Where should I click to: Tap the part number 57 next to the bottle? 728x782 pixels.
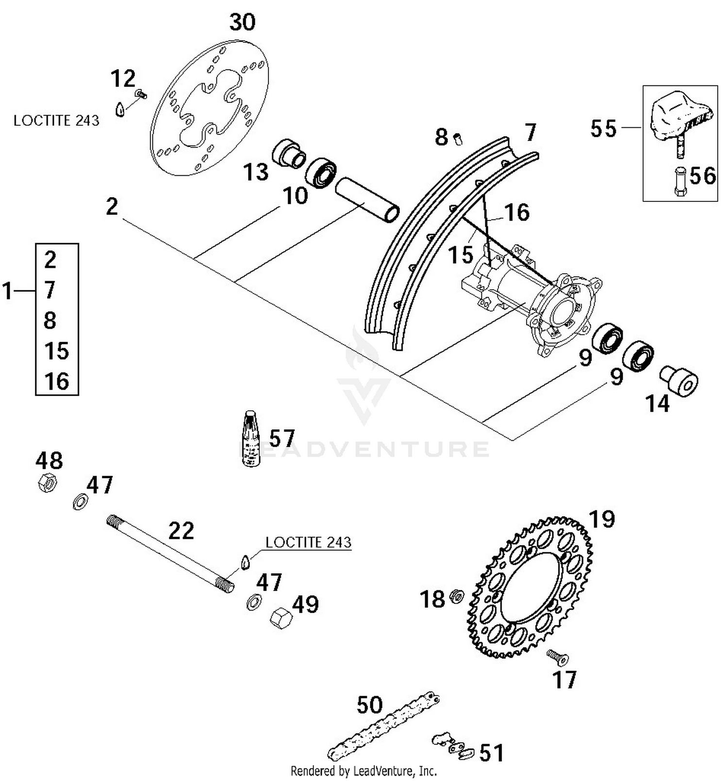coord(282,438)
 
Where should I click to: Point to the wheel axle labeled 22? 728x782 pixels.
coord(170,554)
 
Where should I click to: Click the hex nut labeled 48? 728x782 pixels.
coord(47,483)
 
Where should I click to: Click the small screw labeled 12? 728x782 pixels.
coord(141,94)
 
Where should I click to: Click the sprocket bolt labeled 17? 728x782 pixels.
coord(558,658)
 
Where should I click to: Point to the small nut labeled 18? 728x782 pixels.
coord(456,596)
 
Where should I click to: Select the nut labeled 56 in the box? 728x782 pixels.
coord(680,181)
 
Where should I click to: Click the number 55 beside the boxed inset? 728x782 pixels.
coord(603,129)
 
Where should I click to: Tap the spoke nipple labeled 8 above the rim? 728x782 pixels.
coord(458,139)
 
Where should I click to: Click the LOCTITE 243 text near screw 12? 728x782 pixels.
coord(56,120)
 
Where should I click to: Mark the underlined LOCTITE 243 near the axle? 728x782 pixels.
coord(308,542)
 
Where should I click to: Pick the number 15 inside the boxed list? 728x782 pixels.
coord(56,350)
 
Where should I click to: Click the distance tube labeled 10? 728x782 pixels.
coord(367,199)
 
